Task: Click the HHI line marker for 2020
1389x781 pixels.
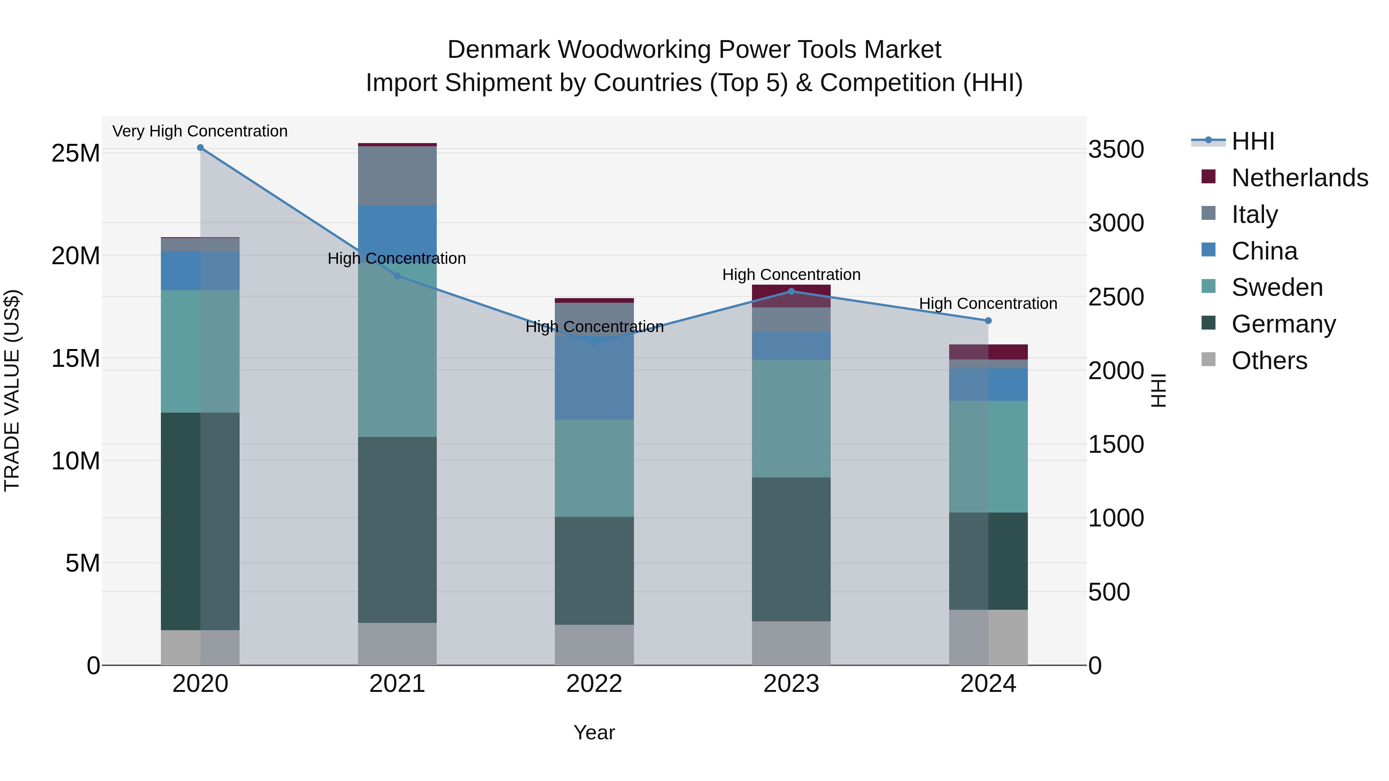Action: [x=200, y=148]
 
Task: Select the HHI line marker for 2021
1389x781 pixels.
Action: [x=397, y=276]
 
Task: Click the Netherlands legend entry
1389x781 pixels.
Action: [x=1299, y=178]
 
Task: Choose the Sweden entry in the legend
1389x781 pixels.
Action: [x=1277, y=287]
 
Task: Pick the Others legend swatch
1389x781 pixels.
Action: [x=1209, y=359]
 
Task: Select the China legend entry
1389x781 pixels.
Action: [x=1264, y=251]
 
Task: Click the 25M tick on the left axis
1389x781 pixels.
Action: [x=76, y=154]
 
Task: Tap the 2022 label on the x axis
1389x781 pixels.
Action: [x=594, y=684]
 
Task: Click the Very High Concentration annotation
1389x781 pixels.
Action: [x=200, y=132]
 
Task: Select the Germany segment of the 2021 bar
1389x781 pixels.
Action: [x=397, y=530]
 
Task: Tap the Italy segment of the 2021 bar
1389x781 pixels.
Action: [x=397, y=176]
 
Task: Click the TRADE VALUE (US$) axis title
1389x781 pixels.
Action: [x=12, y=390]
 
